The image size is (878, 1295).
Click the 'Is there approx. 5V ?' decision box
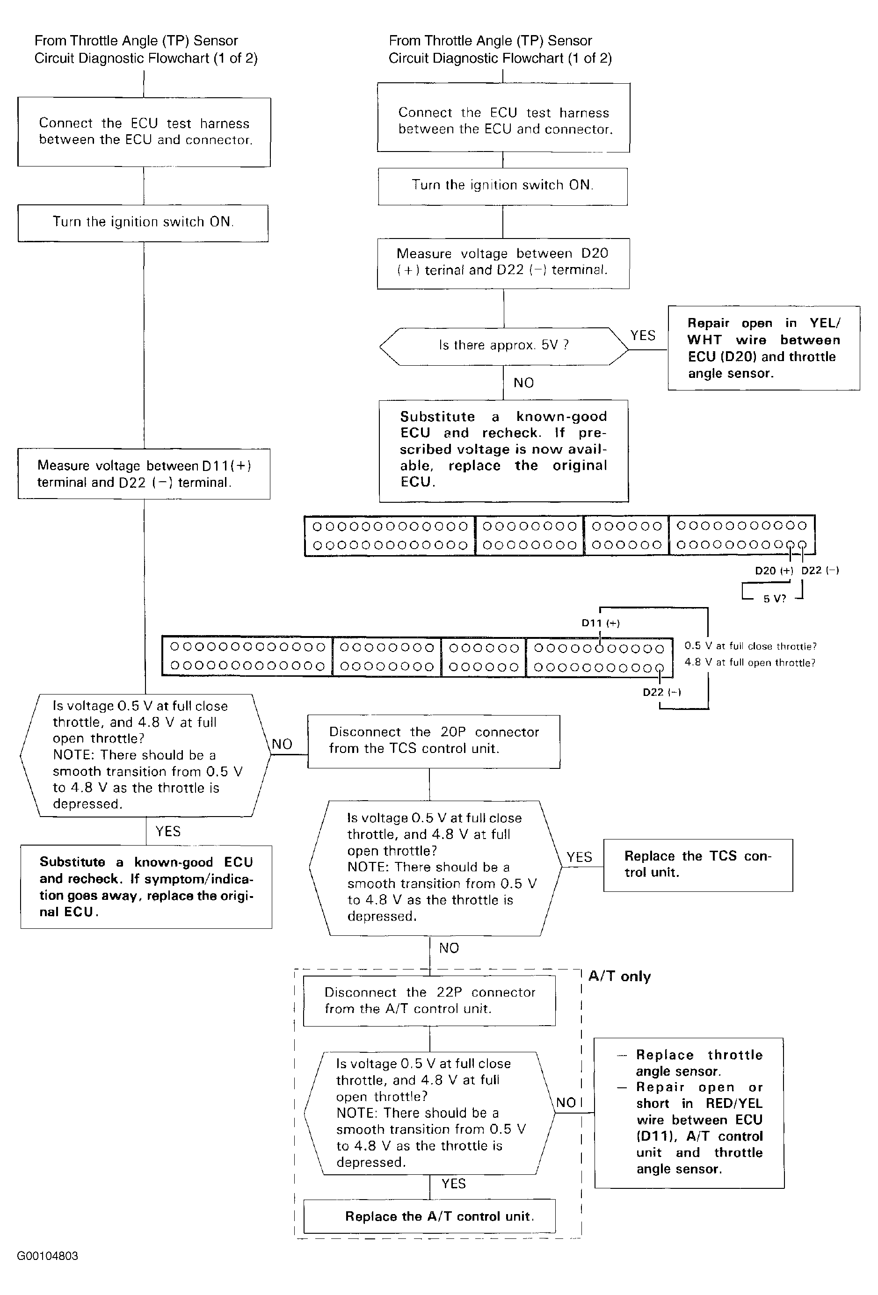[x=503, y=346]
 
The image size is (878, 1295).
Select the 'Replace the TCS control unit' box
[x=698, y=865]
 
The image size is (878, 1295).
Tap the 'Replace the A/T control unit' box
[x=429, y=1216]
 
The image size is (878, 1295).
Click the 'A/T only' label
[x=619, y=976]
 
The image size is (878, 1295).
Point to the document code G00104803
[x=47, y=1256]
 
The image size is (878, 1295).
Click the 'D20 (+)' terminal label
[x=774, y=571]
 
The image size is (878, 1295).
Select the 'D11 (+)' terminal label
[x=601, y=623]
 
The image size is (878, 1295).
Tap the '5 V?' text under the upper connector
[x=774, y=599]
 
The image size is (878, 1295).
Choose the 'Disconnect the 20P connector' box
[x=434, y=742]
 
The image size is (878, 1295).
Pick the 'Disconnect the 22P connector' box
[x=429, y=1000]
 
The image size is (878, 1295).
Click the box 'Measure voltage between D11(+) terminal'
[x=144, y=474]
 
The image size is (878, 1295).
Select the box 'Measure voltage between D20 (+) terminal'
[x=503, y=264]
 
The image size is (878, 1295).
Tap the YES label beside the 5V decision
[x=643, y=335]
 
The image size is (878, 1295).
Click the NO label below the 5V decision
[x=523, y=383]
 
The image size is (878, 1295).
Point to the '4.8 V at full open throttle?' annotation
[x=750, y=663]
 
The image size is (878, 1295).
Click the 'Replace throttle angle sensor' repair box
[x=689, y=1112]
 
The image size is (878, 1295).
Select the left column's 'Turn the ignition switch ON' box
[x=143, y=223]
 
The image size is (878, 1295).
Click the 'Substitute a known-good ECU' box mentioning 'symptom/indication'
[x=146, y=887]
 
